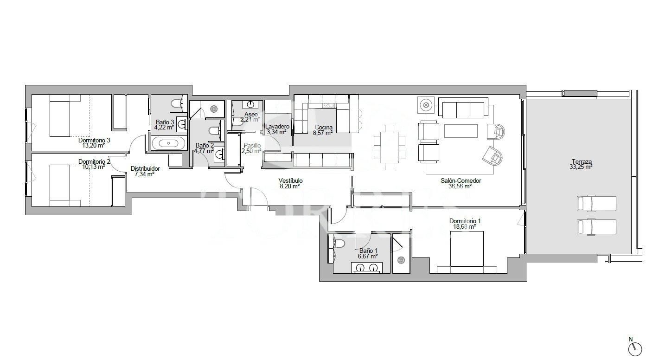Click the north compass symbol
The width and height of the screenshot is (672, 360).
click(x=636, y=348)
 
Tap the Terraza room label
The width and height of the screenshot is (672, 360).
click(x=582, y=161)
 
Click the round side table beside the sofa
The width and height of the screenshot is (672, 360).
click(x=426, y=105)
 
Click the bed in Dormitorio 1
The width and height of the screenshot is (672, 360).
click(x=467, y=251)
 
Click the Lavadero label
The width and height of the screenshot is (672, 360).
click(x=277, y=126)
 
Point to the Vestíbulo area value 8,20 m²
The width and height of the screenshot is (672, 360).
click(x=290, y=186)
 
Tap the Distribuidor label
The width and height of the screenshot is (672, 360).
click(x=145, y=168)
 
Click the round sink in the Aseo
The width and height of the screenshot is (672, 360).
click(x=251, y=104)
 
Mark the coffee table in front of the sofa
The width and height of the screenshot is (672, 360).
click(x=461, y=130)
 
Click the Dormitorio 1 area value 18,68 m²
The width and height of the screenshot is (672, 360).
click(x=465, y=227)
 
